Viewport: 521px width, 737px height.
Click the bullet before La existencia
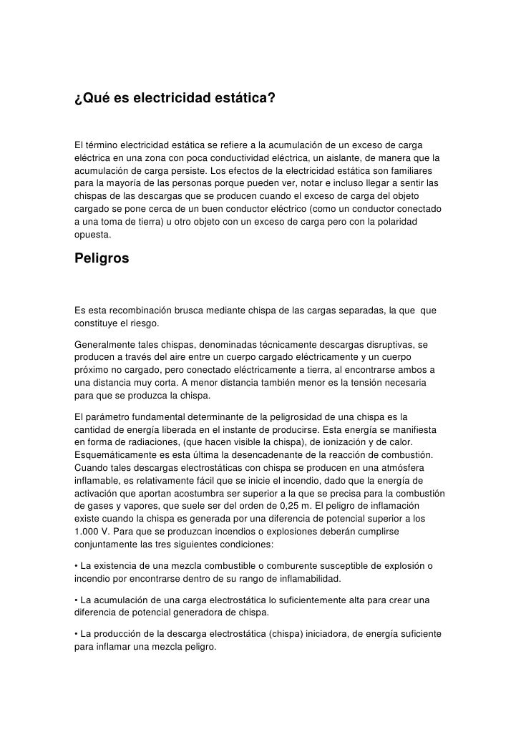[76, 565]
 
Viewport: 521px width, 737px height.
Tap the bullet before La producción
[76, 634]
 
